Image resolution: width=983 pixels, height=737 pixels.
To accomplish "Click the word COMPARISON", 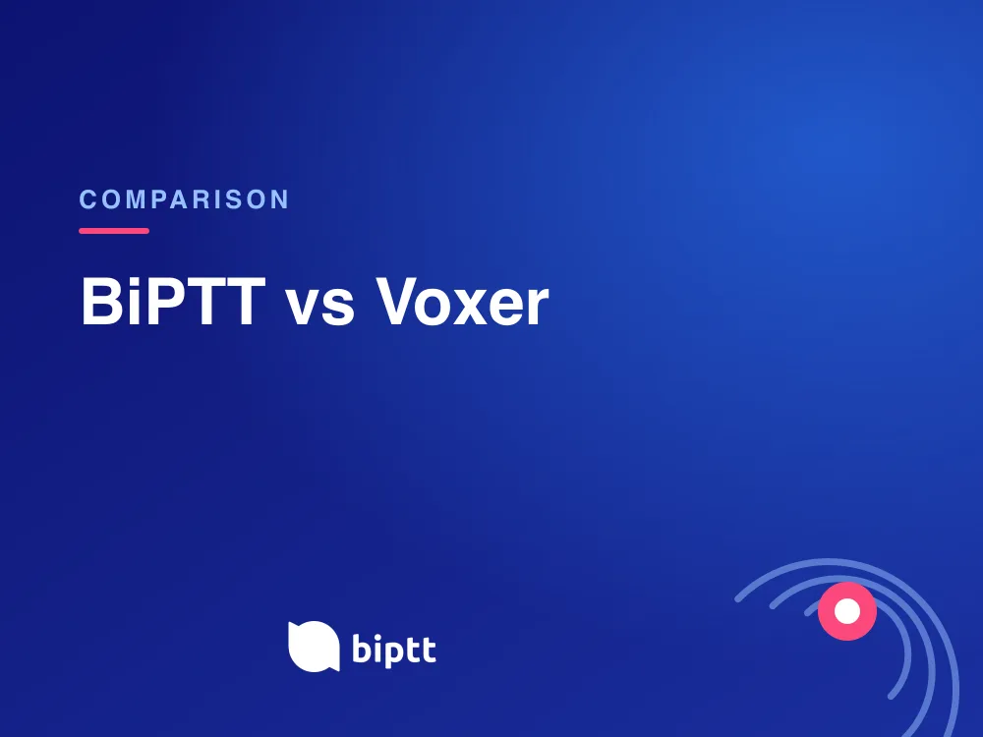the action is click(184, 199).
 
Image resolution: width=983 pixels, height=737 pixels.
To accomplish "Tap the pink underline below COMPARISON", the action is click(114, 231).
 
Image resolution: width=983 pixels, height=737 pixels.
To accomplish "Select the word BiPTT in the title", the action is click(174, 302).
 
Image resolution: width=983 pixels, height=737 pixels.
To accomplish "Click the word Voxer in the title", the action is click(462, 302).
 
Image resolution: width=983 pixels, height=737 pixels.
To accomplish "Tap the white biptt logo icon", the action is click(314, 647).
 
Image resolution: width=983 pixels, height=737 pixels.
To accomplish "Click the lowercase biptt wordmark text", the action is click(394, 650).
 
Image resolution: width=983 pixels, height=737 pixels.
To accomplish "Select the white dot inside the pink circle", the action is click(847, 611).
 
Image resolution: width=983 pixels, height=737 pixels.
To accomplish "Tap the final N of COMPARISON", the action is click(279, 199).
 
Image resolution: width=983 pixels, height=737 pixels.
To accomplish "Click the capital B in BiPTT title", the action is click(101, 302).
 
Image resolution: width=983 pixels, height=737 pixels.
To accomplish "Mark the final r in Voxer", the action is click(539, 308).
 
